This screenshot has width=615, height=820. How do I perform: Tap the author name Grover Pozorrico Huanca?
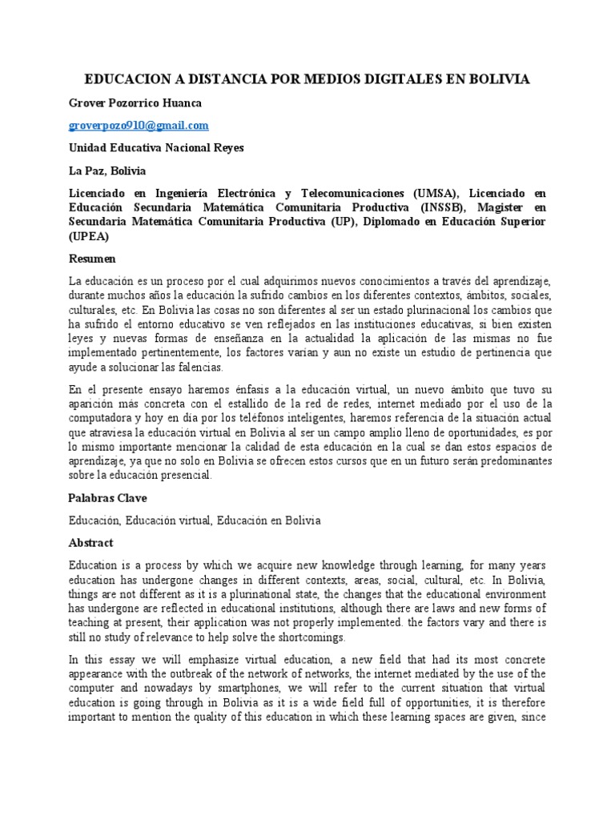tap(135, 103)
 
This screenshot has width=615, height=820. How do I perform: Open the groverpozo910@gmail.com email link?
tap(139, 126)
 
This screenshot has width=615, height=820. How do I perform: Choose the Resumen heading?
tap(93, 259)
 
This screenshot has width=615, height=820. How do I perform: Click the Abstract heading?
tap(91, 542)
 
